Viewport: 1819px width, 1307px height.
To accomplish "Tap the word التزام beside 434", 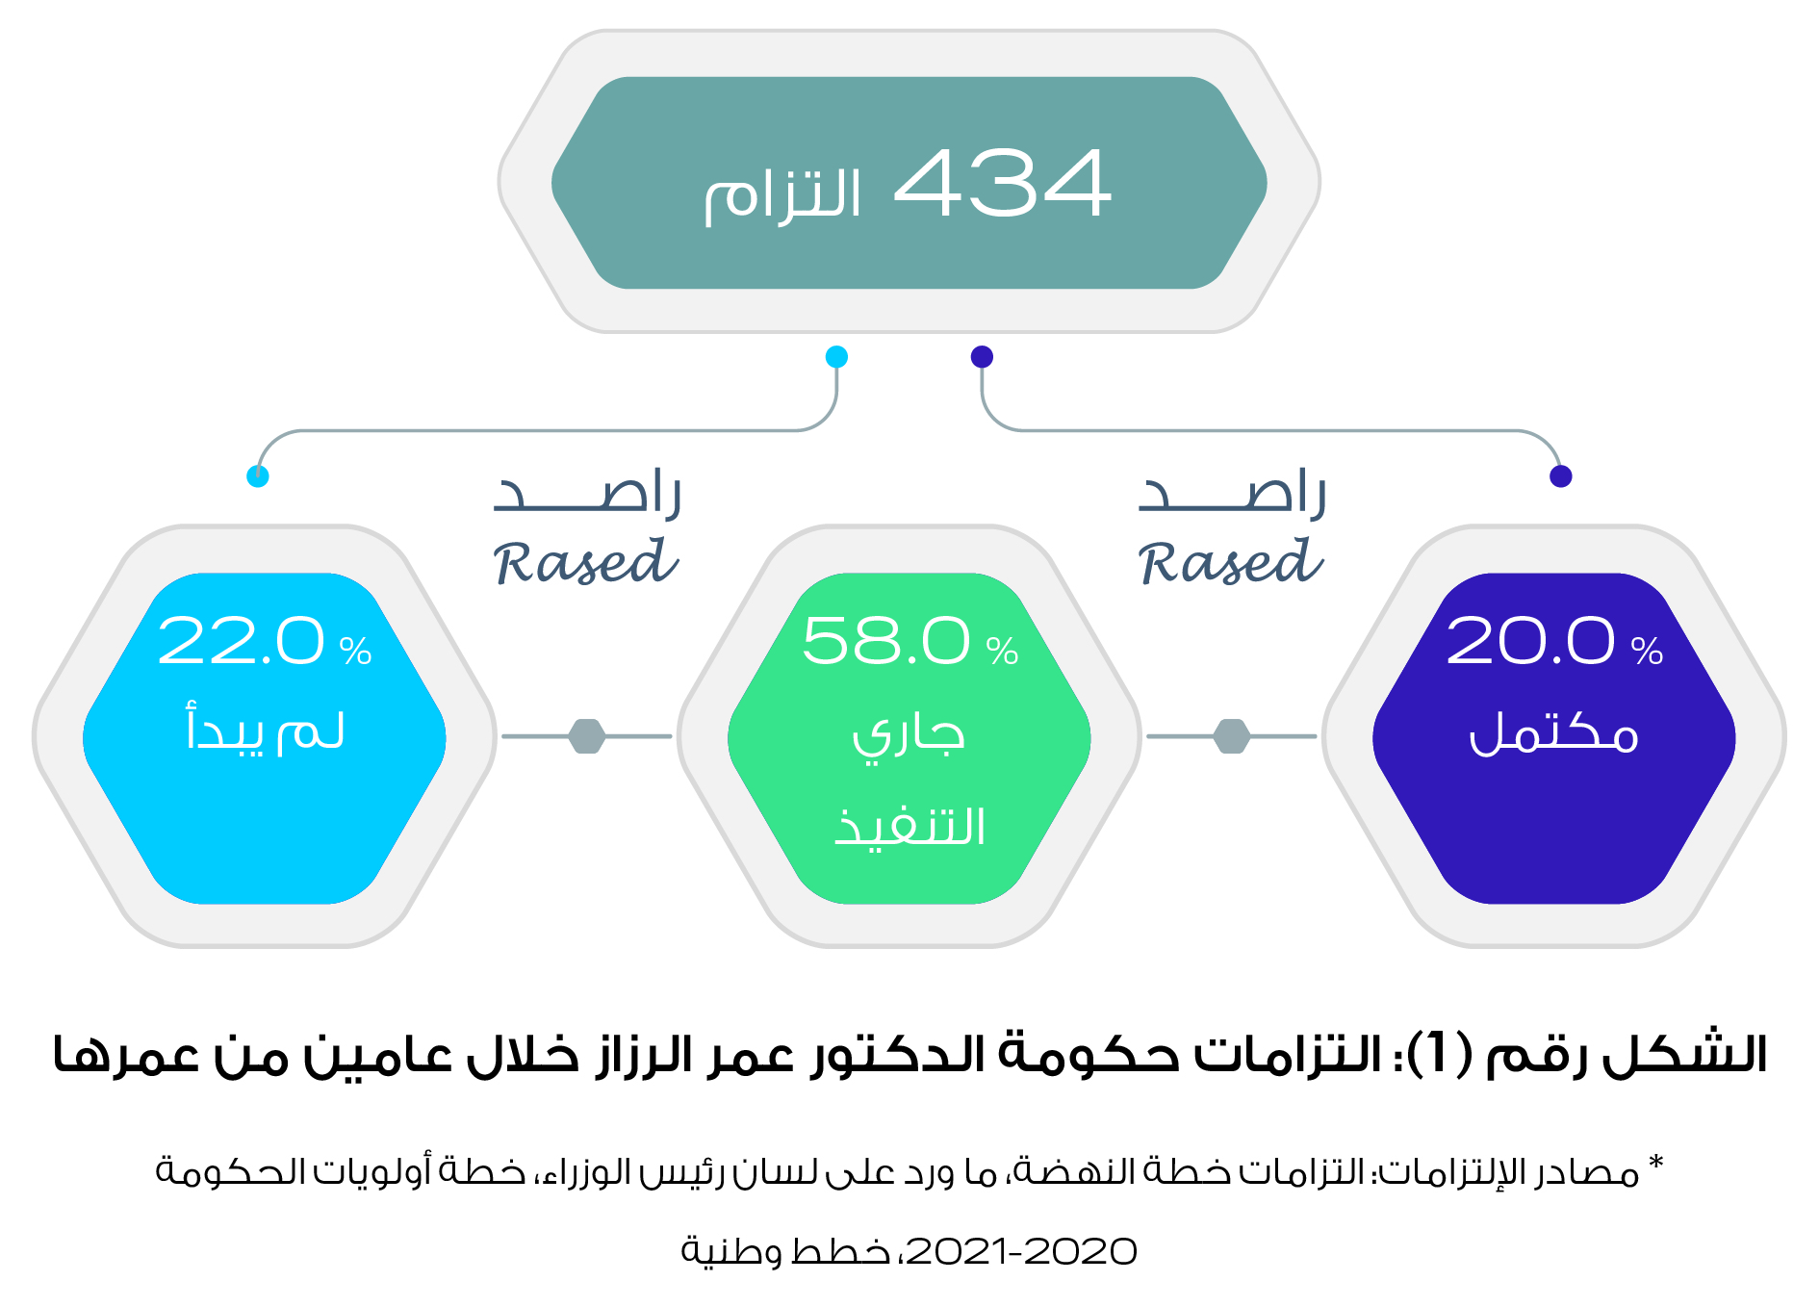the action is tap(782, 195).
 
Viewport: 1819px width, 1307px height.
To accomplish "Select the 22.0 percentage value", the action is tap(241, 641).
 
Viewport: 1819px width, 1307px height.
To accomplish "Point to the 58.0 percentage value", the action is tap(885, 641).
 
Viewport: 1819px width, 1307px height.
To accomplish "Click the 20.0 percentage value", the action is tap(1529, 641).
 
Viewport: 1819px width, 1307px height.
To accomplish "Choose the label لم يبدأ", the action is tap(265, 729).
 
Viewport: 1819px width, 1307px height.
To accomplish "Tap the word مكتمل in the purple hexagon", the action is tap(1553, 733).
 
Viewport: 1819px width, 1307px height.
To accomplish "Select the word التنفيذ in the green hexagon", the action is tap(909, 826).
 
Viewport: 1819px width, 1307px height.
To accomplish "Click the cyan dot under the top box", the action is tap(837, 357).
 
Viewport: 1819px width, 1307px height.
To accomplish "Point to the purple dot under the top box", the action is tap(982, 357).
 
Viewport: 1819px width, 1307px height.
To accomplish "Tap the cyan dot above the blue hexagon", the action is tap(258, 476).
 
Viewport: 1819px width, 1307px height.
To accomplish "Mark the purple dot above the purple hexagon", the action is tap(1561, 476).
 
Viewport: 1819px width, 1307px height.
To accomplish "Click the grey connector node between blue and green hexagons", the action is tap(587, 736).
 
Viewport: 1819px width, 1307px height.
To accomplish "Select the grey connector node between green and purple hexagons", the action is tap(1232, 736).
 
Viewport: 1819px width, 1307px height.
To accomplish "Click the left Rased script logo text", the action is tap(586, 562).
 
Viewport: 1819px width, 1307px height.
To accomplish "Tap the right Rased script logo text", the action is tap(1231, 562).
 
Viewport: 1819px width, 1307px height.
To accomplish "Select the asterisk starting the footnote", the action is tap(1656, 1163).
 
